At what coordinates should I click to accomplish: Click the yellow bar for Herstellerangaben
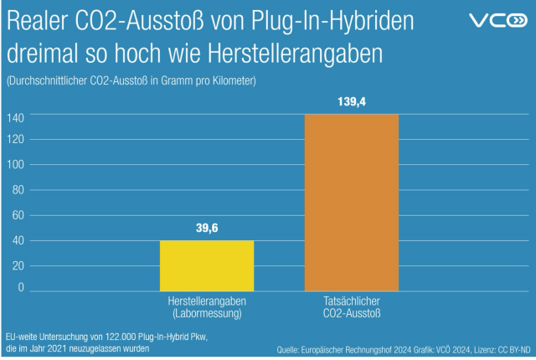click(207, 266)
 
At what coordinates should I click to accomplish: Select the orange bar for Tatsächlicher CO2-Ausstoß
click(352, 203)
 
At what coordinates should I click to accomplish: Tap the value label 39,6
click(207, 229)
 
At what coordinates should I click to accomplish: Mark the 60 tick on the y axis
click(17, 215)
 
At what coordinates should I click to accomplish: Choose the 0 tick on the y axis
click(21, 287)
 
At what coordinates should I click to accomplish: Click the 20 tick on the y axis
click(17, 265)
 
